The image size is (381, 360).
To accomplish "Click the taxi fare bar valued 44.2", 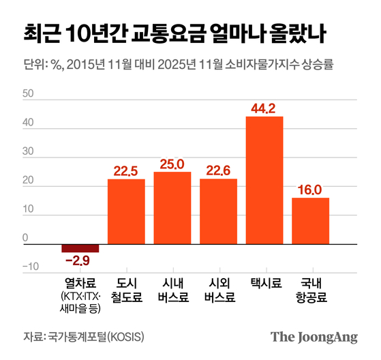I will click(264, 180).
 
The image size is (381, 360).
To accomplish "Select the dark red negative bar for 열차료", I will click(80, 248).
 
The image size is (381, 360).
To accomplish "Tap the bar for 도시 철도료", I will click(127, 211).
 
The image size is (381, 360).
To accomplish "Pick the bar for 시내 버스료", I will click(172, 208).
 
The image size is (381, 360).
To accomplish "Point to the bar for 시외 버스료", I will click(219, 211).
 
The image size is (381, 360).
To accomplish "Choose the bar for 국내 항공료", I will click(310, 221).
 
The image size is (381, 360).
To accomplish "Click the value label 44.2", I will click(264, 107).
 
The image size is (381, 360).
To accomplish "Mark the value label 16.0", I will click(310, 189).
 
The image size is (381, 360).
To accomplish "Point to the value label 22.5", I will click(127, 170).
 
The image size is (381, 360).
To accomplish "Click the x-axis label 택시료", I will click(264, 281).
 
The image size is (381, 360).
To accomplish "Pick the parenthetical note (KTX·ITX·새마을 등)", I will click(80, 302).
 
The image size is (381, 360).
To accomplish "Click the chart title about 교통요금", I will click(174, 32).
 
